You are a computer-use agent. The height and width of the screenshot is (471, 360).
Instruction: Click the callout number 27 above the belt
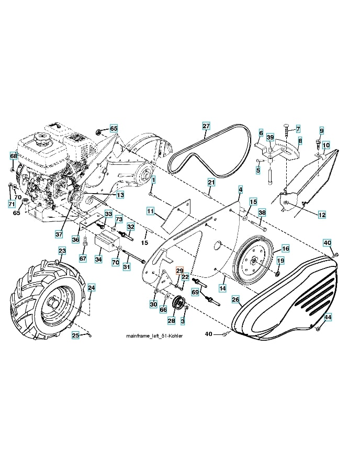pyautogui.click(x=206, y=126)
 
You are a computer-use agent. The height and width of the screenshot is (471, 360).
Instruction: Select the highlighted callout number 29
pyautogui.click(x=179, y=270)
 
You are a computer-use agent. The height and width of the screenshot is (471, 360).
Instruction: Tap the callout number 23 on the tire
pyautogui.click(x=62, y=251)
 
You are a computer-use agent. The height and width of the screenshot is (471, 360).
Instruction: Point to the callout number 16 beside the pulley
pyautogui.click(x=285, y=249)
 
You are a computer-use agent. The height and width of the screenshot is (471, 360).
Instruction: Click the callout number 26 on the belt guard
pyautogui.click(x=235, y=299)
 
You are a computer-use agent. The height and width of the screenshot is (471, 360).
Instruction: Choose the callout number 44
pyautogui.click(x=328, y=317)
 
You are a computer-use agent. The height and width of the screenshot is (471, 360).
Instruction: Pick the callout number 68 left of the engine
pyautogui.click(x=14, y=156)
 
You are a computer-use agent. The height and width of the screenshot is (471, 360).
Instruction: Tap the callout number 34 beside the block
pyautogui.click(x=98, y=259)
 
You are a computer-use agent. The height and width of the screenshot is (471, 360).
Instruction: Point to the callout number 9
pyautogui.click(x=321, y=130)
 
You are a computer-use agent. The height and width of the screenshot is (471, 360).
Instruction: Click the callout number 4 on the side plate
pyautogui.click(x=240, y=188)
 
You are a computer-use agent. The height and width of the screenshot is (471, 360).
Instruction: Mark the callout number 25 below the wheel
pyautogui.click(x=76, y=335)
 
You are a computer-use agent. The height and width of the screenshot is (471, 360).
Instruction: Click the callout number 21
pyautogui.click(x=211, y=182)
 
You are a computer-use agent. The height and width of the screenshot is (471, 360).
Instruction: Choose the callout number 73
pyautogui.click(x=119, y=219)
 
